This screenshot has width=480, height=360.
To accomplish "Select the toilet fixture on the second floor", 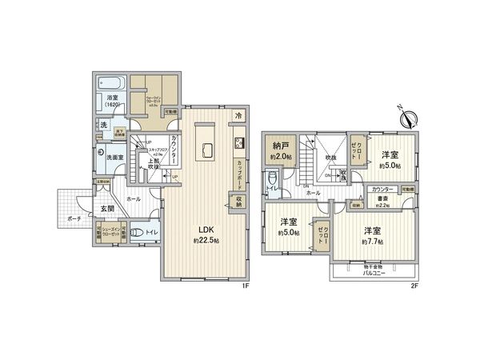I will tap(272, 179).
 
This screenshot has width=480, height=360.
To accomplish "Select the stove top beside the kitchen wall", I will tap(238, 143).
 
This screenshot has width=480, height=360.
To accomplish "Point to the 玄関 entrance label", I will tap(108, 209).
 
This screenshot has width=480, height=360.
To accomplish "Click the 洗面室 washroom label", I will tap(114, 157).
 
